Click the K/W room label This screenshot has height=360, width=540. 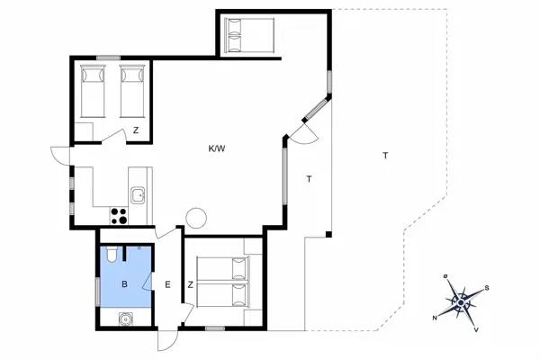216,148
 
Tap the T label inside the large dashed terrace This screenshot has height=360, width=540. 385,156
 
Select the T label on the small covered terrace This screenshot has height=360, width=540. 309,179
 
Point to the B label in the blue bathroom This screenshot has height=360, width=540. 124,284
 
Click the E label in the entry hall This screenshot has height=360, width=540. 167,285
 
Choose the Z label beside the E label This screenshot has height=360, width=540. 191,285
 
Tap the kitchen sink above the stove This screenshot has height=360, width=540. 138,193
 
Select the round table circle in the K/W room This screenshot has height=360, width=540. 196,217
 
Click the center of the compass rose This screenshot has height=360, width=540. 463,301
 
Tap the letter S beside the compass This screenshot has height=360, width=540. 487,288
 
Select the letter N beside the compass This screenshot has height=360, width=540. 435,318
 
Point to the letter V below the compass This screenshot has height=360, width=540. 476,330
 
